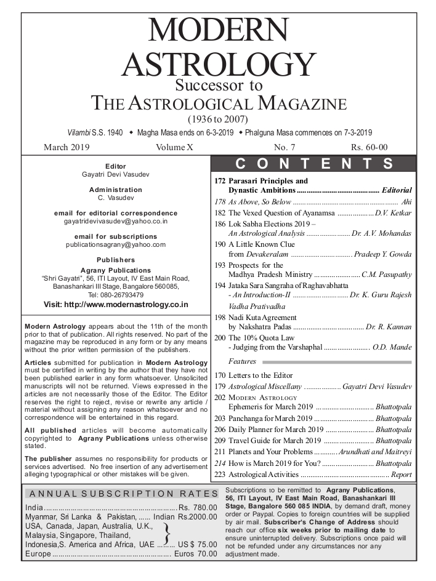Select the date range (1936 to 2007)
click(218, 119)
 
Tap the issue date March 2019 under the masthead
click(67, 147)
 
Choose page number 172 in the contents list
click(220, 182)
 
